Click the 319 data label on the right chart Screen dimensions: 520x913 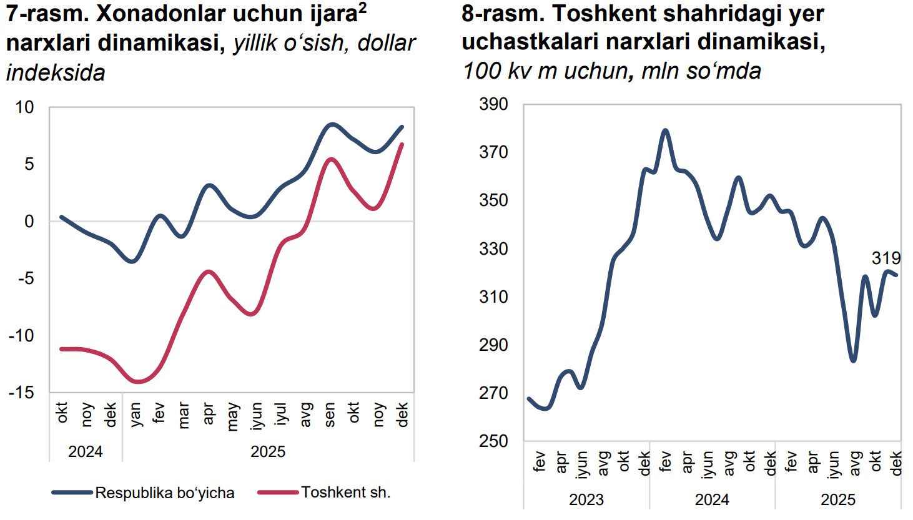click(886, 258)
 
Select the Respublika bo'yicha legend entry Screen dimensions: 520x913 click(164, 493)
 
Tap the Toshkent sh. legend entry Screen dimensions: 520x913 click(345, 493)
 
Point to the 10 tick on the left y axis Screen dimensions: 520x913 click(24, 107)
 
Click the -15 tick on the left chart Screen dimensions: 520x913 click(22, 393)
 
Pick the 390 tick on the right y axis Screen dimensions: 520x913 click(493, 104)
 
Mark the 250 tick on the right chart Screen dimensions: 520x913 click(493, 441)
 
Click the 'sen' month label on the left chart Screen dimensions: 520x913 click(330, 415)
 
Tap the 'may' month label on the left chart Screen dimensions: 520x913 click(232, 416)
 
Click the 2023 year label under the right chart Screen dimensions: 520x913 click(586, 499)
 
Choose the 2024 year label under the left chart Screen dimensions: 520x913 click(85, 451)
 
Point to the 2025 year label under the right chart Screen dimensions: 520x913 click(837, 499)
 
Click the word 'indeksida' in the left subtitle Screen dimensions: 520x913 click(56, 73)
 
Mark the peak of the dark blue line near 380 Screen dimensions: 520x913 click(665, 130)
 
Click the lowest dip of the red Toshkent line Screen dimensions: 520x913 click(137, 381)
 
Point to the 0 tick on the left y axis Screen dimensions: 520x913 click(29, 222)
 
